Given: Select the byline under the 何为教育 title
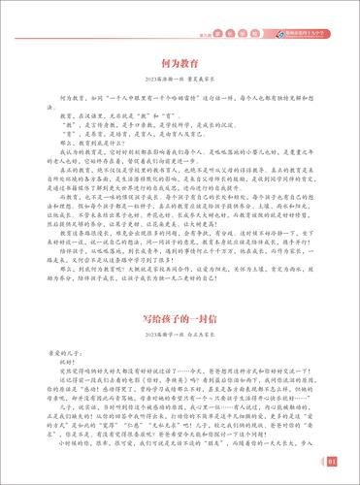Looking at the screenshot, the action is [180, 81].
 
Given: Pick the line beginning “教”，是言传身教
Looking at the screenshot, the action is [136, 124].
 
